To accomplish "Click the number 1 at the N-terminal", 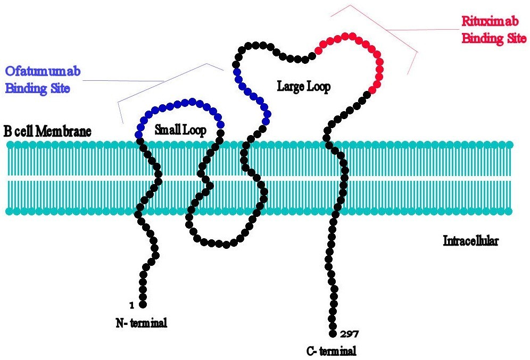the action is (130, 305).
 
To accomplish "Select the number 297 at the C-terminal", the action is (349, 334).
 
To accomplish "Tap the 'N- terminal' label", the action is (141, 322).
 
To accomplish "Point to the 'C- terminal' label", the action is (331, 350).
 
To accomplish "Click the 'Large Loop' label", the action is (303, 87).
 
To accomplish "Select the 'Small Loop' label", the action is (180, 129).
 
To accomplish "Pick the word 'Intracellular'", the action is (470, 241).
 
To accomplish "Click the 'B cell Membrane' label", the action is (48, 131).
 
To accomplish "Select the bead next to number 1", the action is (143, 304).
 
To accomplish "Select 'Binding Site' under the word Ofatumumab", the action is (37, 88).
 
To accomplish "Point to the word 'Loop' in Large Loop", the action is (318, 87).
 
